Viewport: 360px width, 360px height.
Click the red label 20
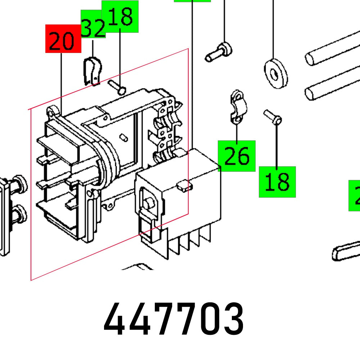(x=63, y=39)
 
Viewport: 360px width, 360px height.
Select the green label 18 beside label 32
(x=120, y=17)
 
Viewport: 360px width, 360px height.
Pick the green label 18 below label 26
(x=277, y=182)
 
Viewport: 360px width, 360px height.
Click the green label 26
(x=237, y=156)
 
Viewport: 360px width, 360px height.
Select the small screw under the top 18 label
(x=117, y=87)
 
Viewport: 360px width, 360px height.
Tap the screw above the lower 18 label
(x=273, y=117)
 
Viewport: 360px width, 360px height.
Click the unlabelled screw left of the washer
(x=219, y=52)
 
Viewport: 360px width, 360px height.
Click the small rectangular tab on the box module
(x=184, y=185)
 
